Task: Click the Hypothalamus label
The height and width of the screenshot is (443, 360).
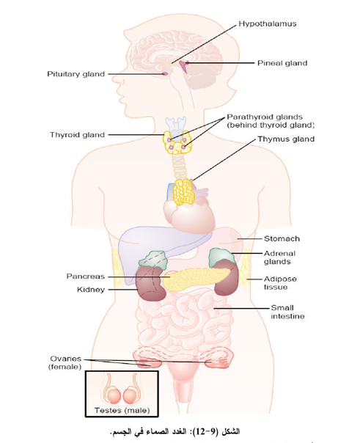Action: point(268,23)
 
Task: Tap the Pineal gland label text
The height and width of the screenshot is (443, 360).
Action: point(282,63)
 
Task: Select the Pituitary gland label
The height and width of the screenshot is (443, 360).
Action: point(76,74)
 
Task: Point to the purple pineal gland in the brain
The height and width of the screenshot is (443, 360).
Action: point(184,66)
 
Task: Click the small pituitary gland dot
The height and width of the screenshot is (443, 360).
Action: point(165,74)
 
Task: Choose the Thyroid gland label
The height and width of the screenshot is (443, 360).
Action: point(77,135)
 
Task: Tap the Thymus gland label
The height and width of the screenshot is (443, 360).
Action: point(286,139)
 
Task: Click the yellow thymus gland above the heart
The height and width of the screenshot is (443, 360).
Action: point(184,191)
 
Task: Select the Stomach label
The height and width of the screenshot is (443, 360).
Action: point(282,238)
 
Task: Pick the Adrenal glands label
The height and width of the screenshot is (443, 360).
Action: point(276,257)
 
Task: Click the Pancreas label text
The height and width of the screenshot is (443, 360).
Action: point(86,277)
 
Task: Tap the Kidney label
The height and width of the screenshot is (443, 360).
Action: point(91,290)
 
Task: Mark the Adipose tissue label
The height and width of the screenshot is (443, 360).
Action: point(280,283)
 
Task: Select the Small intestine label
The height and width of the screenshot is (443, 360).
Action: point(287,312)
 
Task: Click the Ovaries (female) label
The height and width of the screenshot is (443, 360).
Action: point(65,363)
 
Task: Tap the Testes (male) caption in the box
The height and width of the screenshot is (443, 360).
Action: point(122,410)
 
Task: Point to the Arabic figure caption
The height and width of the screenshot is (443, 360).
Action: point(175,432)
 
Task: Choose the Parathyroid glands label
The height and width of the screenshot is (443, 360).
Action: point(271,121)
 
